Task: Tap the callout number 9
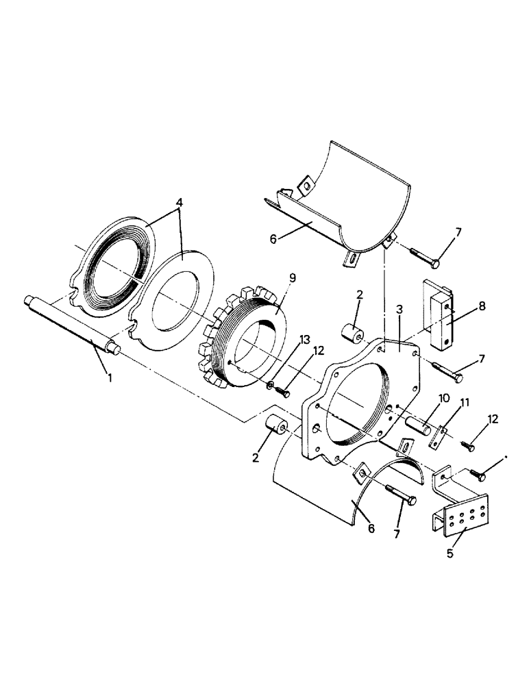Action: click(x=273, y=279)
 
